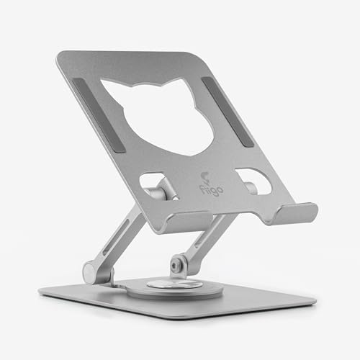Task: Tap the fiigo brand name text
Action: [212, 189]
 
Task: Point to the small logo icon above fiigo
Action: [204, 178]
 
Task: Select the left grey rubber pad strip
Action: [99, 115]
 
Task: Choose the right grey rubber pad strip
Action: [228, 112]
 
